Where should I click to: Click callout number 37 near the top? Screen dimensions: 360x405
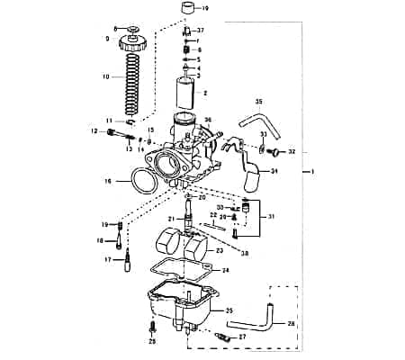click(199, 31)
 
